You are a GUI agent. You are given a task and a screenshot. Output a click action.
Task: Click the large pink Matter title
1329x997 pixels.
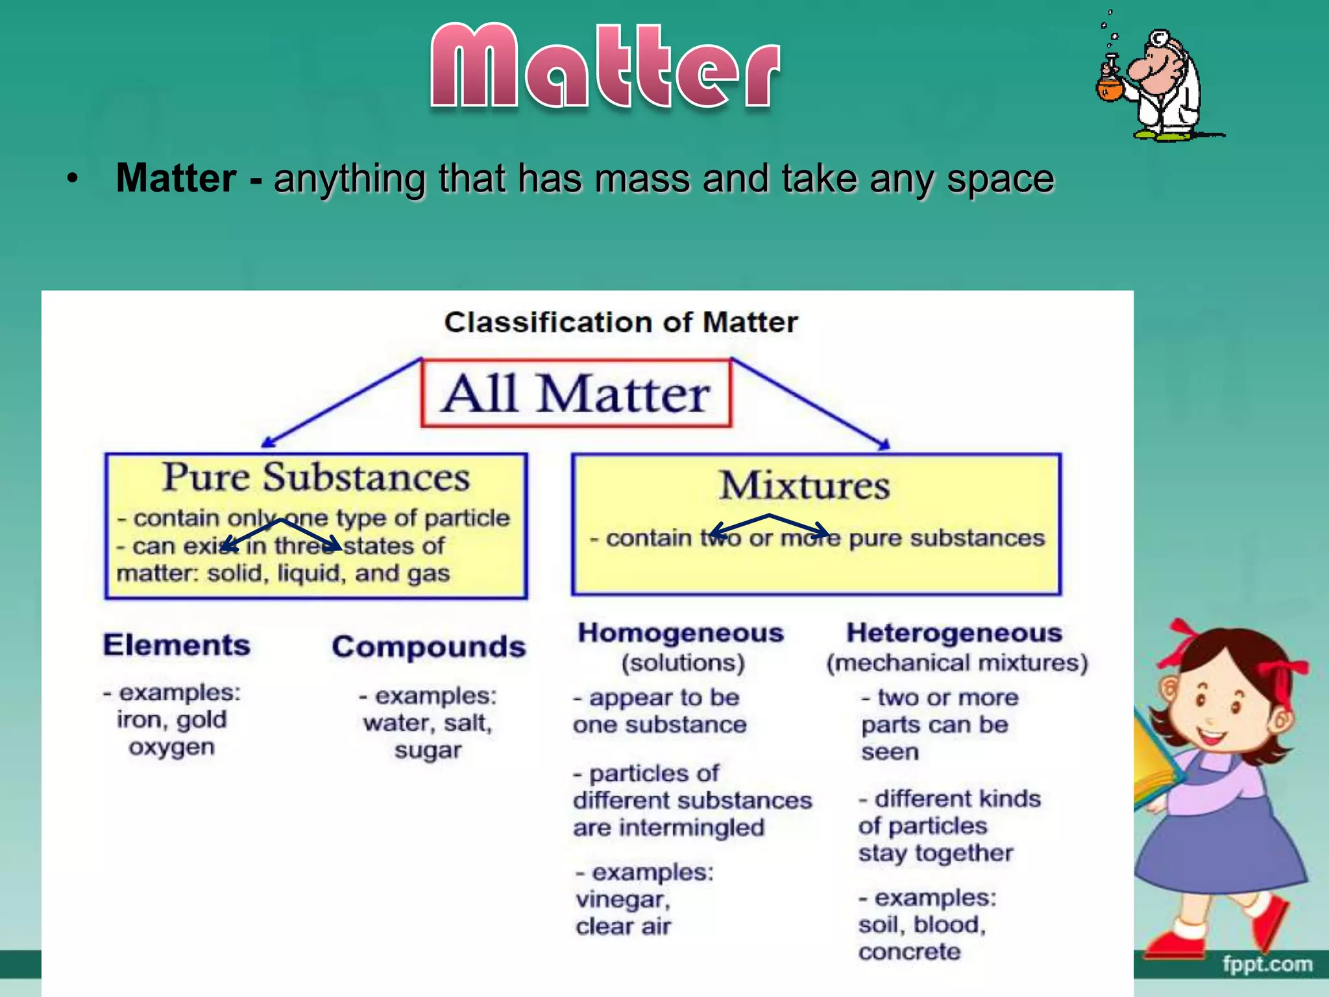pyautogui.click(x=605, y=67)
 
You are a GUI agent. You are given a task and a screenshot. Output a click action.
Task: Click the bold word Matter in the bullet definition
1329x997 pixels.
pyautogui.click(x=176, y=178)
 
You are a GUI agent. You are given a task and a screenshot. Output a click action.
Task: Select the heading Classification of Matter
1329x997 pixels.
pyautogui.click(x=620, y=322)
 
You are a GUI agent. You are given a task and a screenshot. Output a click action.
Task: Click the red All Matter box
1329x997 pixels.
pyautogui.click(x=576, y=393)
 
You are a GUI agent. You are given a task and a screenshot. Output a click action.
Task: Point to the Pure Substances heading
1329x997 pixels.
pyautogui.click(x=315, y=477)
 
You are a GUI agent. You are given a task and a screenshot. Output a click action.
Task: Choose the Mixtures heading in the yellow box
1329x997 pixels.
pyautogui.click(x=804, y=485)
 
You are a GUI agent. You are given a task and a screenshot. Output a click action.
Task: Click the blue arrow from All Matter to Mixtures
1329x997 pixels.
pyautogui.click(x=811, y=404)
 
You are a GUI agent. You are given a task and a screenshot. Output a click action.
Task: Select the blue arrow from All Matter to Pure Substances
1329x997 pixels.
pyautogui.click(x=341, y=402)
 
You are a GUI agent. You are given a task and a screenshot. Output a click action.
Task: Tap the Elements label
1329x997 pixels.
pyautogui.click(x=177, y=645)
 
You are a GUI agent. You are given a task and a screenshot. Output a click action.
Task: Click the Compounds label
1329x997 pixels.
pyautogui.click(x=428, y=646)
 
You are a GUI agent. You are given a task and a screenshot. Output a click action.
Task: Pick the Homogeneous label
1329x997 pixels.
pyautogui.click(x=681, y=633)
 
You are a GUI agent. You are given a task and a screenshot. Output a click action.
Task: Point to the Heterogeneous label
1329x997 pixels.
pyautogui.click(x=954, y=633)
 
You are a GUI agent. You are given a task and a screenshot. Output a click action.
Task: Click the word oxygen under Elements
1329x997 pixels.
pyautogui.click(x=171, y=747)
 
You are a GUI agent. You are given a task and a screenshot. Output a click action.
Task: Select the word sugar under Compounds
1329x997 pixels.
pyautogui.click(x=428, y=750)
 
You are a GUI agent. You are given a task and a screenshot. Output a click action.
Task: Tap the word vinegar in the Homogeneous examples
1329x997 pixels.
pyautogui.click(x=622, y=900)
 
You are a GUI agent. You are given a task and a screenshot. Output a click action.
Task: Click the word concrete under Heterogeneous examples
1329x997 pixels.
pyautogui.click(x=909, y=952)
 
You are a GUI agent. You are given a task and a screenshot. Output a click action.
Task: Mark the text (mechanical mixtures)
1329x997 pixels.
pyautogui.click(x=957, y=663)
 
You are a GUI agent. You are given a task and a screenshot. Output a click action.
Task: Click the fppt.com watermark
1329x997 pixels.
pyautogui.click(x=1267, y=965)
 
